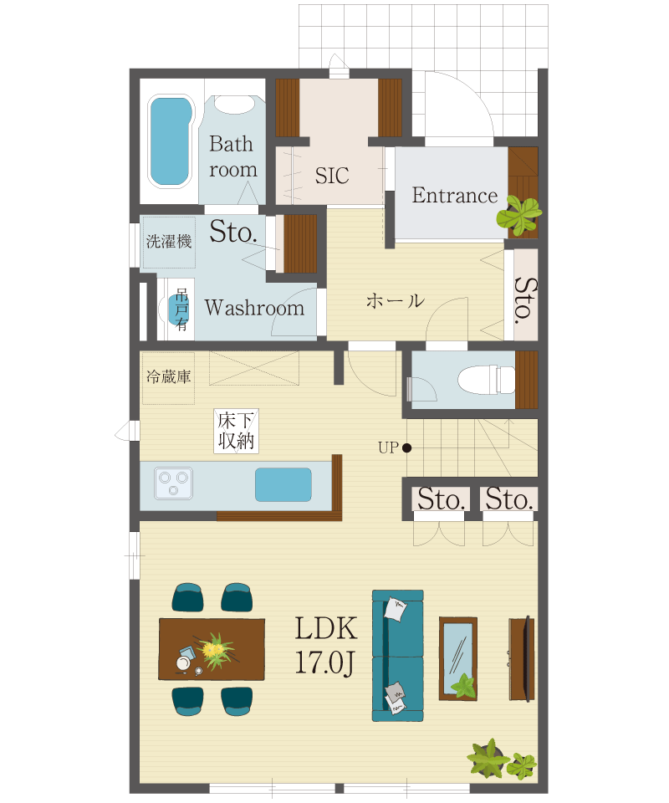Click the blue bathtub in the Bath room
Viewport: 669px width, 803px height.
171,141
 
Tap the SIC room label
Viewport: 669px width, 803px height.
332,176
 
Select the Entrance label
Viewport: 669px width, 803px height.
455,196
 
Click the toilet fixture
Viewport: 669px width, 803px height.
486,380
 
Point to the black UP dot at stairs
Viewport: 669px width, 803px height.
407,448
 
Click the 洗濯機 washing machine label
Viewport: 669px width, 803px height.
169,241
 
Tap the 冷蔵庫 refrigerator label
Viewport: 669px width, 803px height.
168,377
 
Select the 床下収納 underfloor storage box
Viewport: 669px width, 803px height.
236,432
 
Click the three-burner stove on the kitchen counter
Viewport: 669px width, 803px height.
173,483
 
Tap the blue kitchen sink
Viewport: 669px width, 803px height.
283,484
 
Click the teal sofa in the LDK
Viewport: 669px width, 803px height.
398,656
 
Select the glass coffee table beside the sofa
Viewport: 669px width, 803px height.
458,658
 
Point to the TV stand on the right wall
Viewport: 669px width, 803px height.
522,658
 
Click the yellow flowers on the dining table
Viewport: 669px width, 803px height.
216,649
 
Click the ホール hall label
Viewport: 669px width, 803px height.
396,300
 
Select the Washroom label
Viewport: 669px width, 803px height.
254,308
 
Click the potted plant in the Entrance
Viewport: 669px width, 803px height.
519,215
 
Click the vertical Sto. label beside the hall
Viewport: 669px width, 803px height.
525,300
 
